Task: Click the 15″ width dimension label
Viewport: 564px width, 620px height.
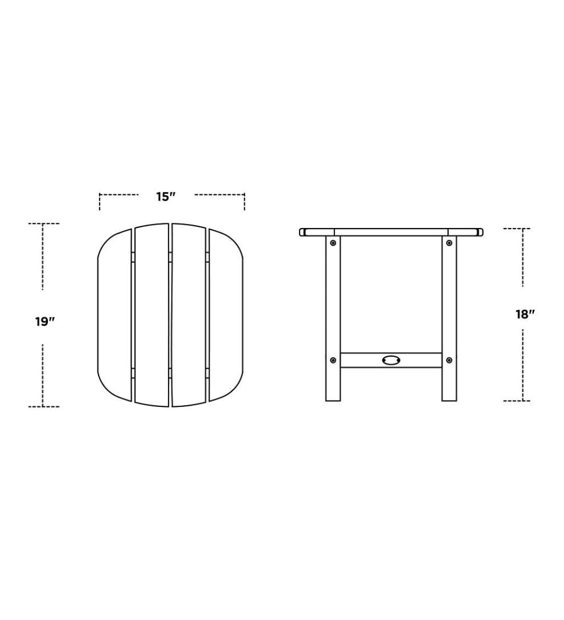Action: coord(165,197)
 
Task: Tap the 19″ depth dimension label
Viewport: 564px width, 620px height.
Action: coord(44,321)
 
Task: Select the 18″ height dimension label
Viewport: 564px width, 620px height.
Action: coord(525,314)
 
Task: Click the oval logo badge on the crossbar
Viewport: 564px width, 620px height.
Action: coord(391,360)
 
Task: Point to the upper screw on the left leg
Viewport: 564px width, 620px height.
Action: coord(333,243)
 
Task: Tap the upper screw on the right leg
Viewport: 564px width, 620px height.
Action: coord(449,243)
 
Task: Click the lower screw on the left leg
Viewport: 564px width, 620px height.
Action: coord(333,360)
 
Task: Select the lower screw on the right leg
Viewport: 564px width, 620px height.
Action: coord(449,360)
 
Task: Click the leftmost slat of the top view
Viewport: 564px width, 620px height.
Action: coord(115,315)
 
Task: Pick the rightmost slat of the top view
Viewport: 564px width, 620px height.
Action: coord(226,315)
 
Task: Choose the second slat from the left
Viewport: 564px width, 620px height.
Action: coord(152,315)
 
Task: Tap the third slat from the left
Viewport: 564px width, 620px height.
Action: coord(189,315)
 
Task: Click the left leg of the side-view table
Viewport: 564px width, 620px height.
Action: coord(333,302)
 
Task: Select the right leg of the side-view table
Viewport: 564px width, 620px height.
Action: coord(449,302)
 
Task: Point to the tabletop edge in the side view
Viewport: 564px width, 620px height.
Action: coord(391,232)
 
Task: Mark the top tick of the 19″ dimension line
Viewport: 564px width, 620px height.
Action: coord(43,224)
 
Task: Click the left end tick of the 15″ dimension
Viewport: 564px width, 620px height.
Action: coord(100,201)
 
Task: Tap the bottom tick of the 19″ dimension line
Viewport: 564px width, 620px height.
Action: coord(43,406)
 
